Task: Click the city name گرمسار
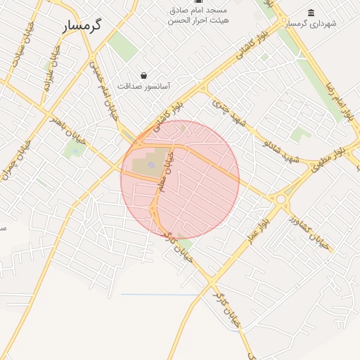(82, 25)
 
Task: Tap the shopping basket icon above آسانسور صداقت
(144, 75)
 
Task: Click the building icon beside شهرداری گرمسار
(311, 13)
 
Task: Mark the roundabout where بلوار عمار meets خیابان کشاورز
(281, 200)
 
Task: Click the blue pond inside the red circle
(152, 166)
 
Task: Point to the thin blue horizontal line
(161, 295)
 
